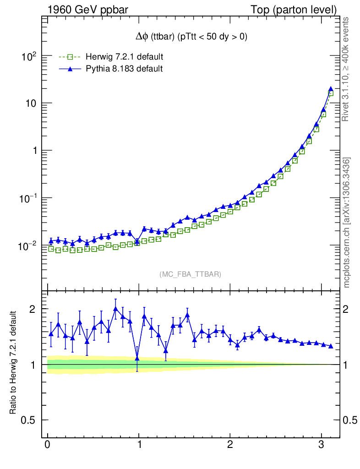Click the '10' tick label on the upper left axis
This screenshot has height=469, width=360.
pos(31,104)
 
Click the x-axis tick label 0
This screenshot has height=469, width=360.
pos(47,445)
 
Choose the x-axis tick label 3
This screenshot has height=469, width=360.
pos(322,445)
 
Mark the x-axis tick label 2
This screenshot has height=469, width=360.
pos(230,445)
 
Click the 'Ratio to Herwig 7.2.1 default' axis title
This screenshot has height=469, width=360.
pos(14,363)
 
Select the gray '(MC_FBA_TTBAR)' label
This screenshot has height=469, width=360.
pos(191,274)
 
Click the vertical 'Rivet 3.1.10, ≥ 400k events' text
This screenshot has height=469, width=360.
pos(346,69)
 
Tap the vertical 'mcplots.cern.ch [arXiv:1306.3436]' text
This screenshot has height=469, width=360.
pos(347,223)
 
